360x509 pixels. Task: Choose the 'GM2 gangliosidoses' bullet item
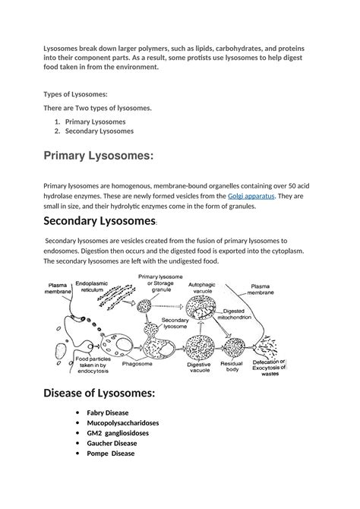[118, 433]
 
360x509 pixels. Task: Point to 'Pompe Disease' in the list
[111, 454]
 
